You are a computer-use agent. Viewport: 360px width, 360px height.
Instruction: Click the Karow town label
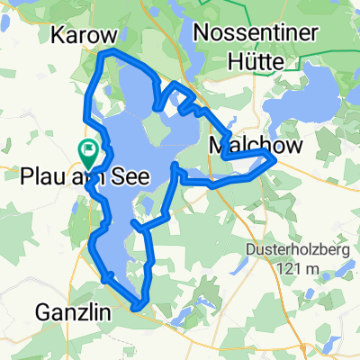pos(85,35)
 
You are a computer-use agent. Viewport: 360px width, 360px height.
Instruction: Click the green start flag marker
pos(88,148)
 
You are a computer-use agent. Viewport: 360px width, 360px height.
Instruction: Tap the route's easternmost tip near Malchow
pos(274,158)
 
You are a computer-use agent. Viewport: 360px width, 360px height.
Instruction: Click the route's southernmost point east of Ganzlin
pos(137,309)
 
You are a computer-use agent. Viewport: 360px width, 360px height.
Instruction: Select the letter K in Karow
pos(59,35)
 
